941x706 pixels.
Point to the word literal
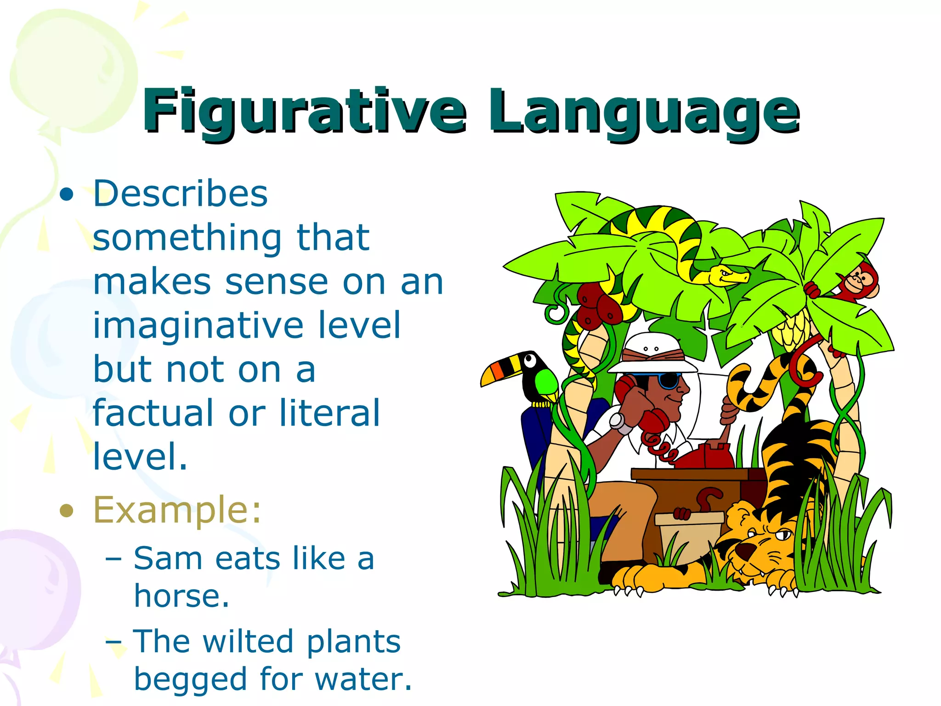click(x=329, y=413)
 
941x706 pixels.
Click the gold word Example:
click(x=177, y=510)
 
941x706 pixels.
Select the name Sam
click(x=168, y=559)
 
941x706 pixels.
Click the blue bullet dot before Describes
click(x=67, y=194)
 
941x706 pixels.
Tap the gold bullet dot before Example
click(x=67, y=511)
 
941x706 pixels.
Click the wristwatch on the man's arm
click(x=618, y=422)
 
